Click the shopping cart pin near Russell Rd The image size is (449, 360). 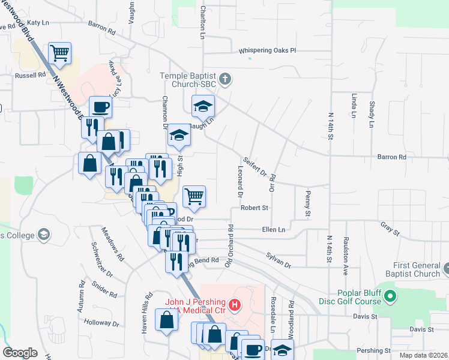click(x=59, y=54)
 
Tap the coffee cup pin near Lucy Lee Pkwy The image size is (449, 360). click(x=100, y=107)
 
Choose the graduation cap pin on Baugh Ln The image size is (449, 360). click(x=203, y=107)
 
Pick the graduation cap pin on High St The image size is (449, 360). click(x=178, y=136)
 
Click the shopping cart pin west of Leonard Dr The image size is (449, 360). click(x=194, y=196)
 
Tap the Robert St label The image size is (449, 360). click(x=254, y=208)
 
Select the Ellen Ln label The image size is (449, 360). click(x=273, y=229)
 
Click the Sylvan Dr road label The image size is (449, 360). click(x=279, y=260)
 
